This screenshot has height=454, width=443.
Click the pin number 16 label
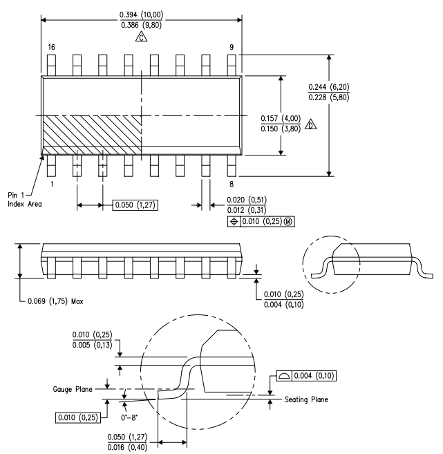[51, 47]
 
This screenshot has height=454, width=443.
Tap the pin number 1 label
[51, 185]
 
